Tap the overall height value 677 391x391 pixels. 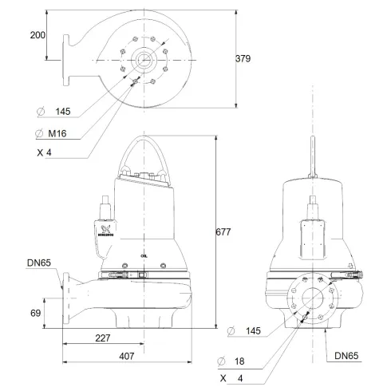223,232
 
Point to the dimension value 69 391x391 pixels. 35,313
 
